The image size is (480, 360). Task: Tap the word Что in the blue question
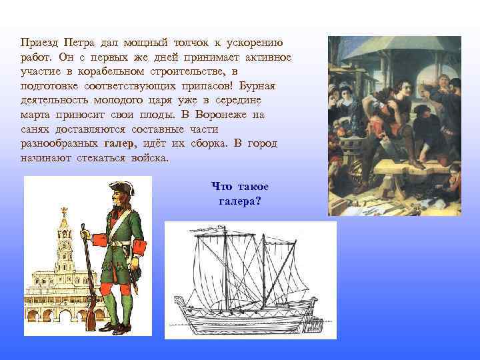221,186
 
